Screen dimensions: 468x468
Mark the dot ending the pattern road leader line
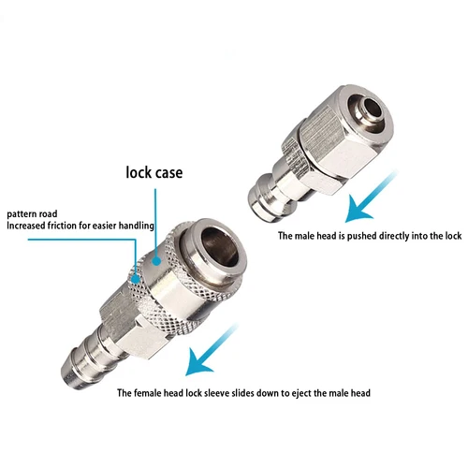tap(137, 278)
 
